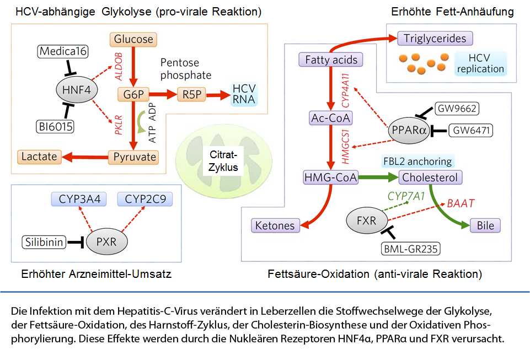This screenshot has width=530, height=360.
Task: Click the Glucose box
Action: tap(133, 39)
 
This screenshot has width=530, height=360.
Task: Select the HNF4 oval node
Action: tap(77, 90)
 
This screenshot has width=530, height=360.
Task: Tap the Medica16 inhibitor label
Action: tap(62, 51)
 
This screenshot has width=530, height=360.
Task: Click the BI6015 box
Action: tap(55, 126)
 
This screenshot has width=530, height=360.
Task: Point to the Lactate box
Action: tap(39, 157)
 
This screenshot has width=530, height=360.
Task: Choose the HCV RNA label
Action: tap(244, 94)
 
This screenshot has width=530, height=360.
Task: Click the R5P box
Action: tap(192, 95)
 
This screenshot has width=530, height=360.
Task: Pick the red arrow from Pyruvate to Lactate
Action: tap(85, 157)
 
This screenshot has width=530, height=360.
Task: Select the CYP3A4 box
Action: tap(79, 199)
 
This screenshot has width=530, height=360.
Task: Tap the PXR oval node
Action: tap(107, 241)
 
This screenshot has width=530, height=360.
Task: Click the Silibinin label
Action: tap(44, 242)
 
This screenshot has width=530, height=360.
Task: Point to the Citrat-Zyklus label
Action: tap(223, 161)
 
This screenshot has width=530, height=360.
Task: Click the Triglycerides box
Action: tap(435, 38)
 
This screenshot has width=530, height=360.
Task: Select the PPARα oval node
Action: tap(409, 131)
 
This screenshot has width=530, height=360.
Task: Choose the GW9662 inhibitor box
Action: tap(457, 109)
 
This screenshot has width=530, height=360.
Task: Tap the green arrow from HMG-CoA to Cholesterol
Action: tap(378, 177)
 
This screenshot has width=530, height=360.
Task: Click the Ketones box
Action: tap(275, 225)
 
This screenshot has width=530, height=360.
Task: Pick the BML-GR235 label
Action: tap(411, 249)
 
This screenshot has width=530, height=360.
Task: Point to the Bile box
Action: tap(485, 225)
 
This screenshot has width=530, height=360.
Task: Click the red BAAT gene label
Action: tap(461, 203)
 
